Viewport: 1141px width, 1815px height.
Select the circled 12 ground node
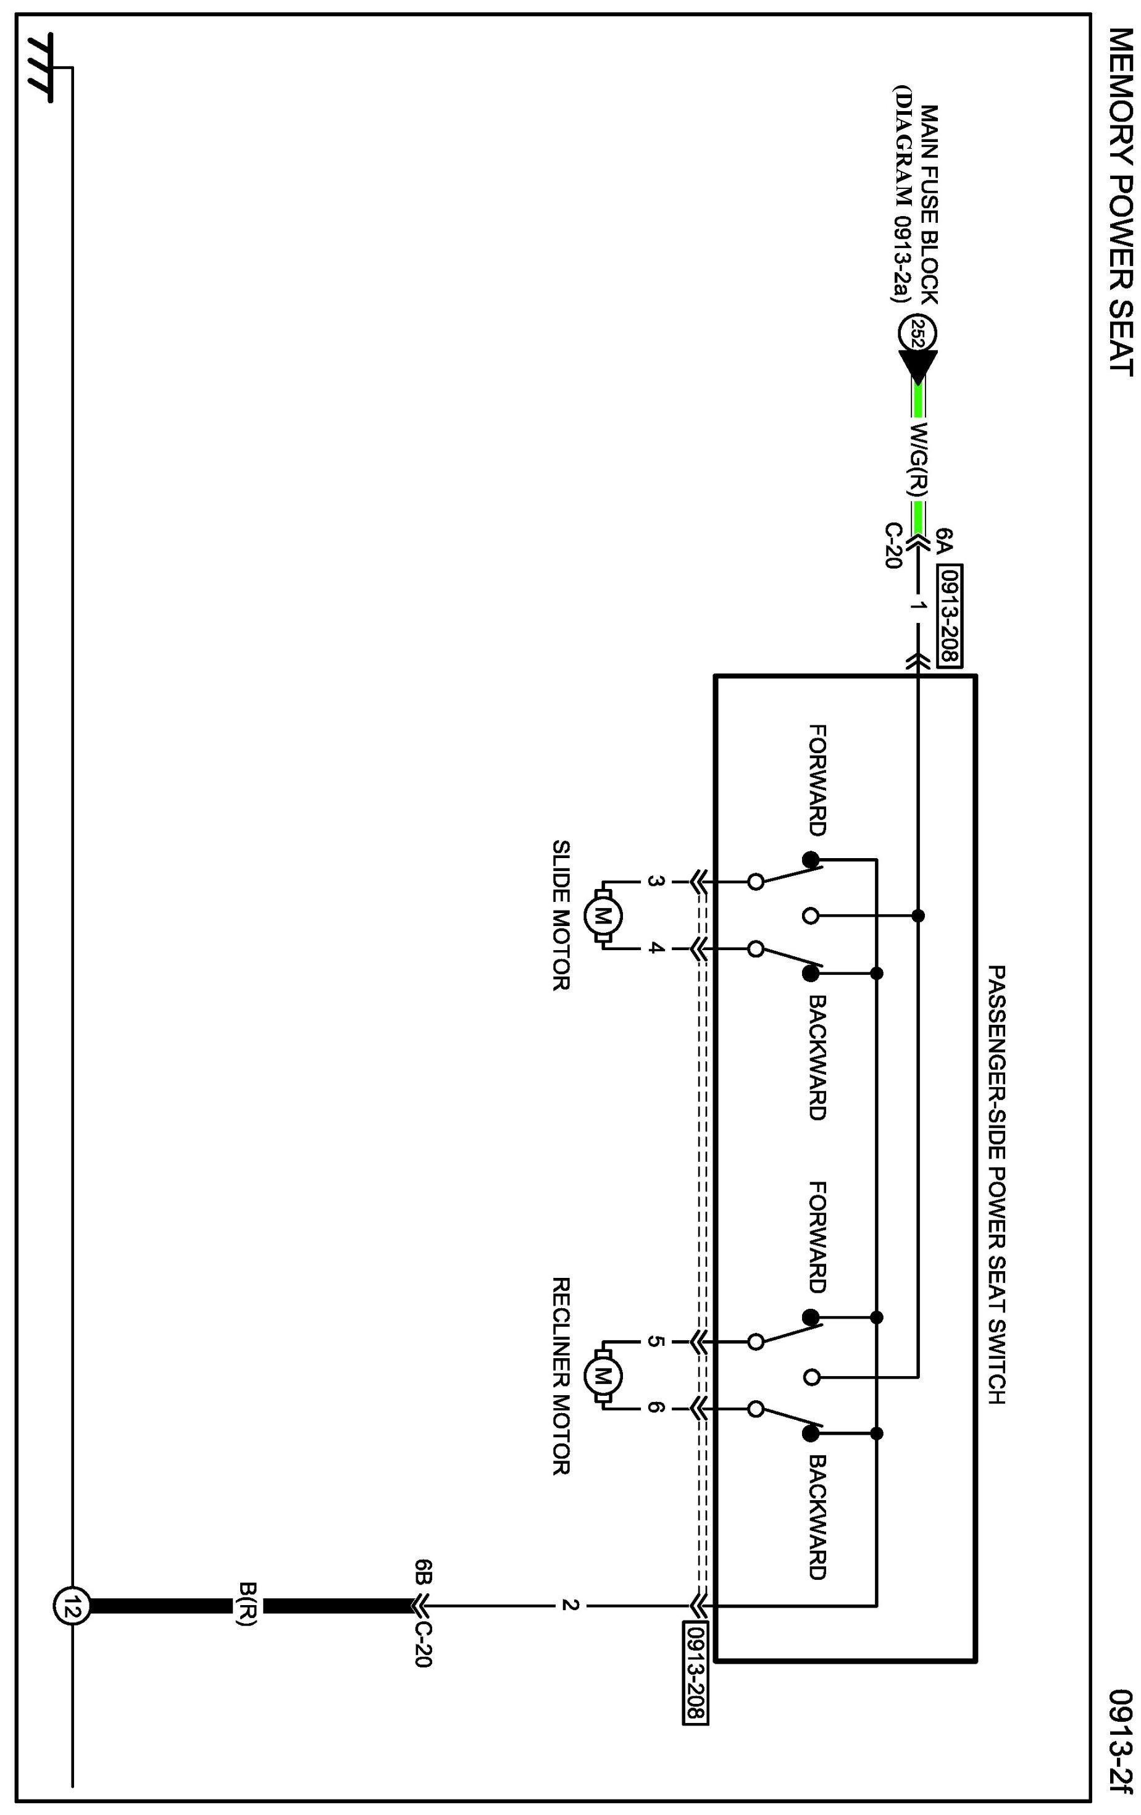(x=72, y=1606)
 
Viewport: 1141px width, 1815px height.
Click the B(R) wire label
(x=246, y=1606)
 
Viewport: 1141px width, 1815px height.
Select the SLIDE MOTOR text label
(x=561, y=915)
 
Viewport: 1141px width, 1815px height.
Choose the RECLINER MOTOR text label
(x=561, y=1375)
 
